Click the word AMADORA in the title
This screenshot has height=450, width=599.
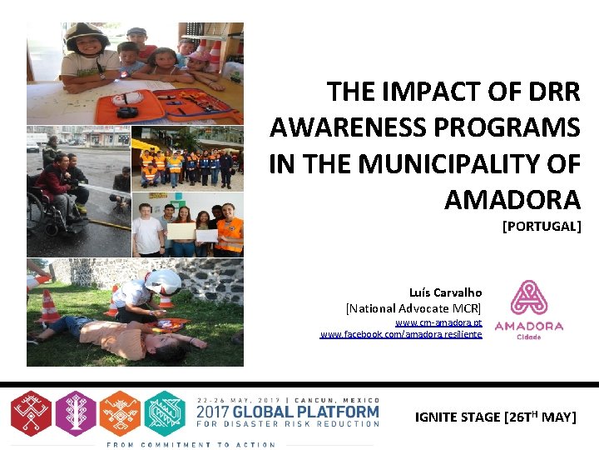pos(512,200)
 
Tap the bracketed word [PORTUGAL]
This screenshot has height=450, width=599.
pos(541,226)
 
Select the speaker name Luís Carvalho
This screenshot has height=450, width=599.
pos(445,292)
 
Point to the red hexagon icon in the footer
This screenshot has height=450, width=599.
pos(31,412)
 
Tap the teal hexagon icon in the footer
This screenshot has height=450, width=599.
pos(165,412)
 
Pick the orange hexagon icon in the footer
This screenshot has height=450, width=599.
pos(120,412)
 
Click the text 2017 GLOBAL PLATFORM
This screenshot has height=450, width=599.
pos(287,412)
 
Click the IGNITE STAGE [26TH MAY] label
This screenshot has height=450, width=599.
pos(495,417)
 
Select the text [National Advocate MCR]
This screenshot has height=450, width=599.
pos(413,307)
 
